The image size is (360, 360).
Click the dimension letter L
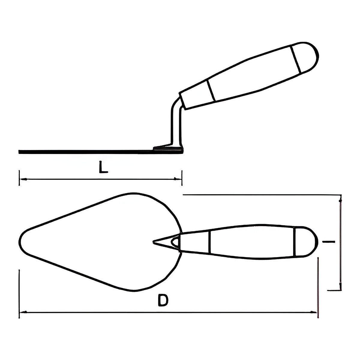click(x=103, y=167)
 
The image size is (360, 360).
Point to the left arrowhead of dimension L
click(x=23, y=179)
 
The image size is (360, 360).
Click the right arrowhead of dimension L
click(x=178, y=179)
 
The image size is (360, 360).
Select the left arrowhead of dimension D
click(x=23, y=312)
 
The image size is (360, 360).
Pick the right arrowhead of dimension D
click(x=313, y=312)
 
